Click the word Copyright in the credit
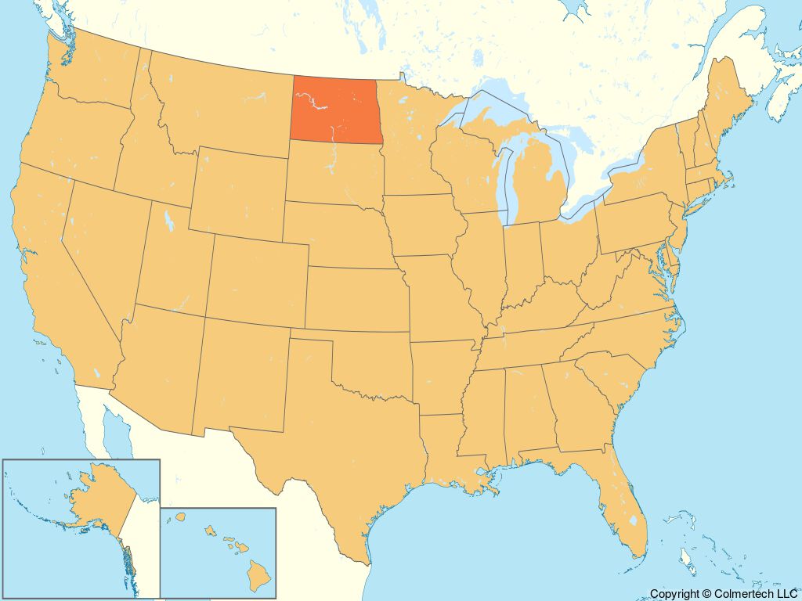click(673, 595)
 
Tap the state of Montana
click(219, 110)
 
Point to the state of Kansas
click(356, 297)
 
